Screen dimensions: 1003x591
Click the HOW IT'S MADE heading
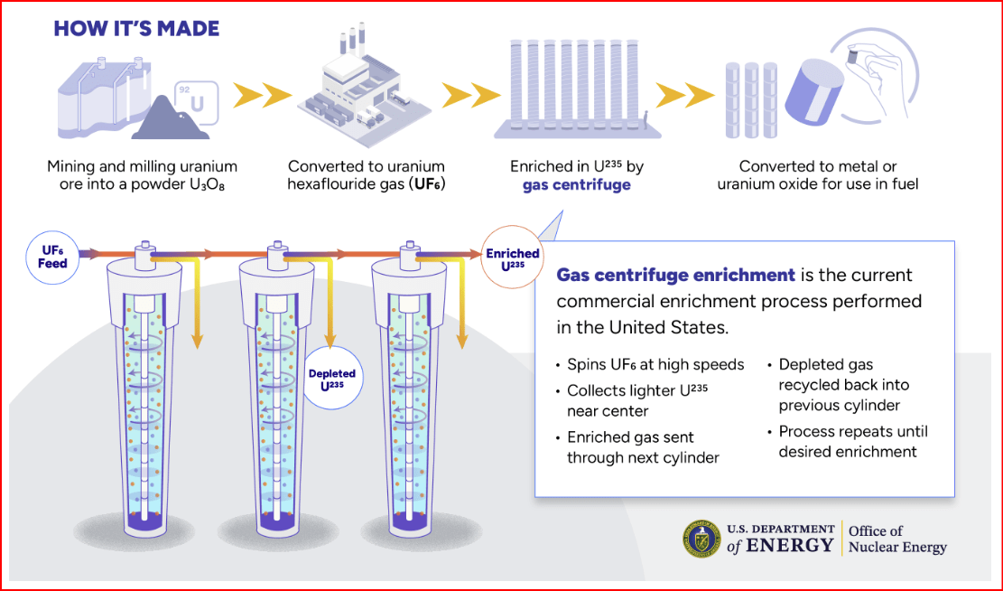(136, 29)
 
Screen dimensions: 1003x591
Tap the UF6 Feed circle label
(51, 258)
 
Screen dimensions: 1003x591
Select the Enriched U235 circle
(513, 258)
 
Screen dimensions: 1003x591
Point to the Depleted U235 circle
(332, 379)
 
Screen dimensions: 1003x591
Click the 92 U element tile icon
(196, 102)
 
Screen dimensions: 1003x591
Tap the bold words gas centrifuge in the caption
(576, 185)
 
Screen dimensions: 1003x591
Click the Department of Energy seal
(701, 539)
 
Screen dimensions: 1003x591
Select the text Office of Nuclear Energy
(897, 539)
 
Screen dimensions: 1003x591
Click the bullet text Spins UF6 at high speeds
(655, 364)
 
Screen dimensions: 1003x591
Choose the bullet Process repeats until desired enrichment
(853, 441)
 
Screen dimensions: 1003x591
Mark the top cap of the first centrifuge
(144, 257)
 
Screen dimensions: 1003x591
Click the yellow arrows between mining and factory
(262, 96)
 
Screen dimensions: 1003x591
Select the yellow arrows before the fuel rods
(684, 96)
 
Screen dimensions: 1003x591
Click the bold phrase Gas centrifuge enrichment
(675, 275)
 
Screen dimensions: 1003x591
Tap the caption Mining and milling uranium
(142, 166)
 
